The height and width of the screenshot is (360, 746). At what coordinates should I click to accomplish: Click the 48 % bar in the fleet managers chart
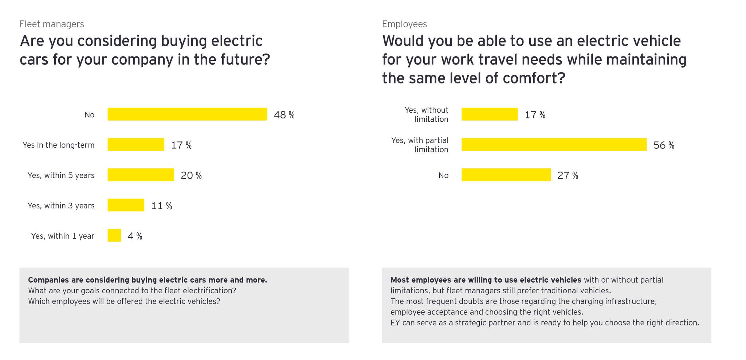coord(187,114)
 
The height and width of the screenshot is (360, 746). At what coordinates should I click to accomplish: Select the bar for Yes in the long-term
coord(136,144)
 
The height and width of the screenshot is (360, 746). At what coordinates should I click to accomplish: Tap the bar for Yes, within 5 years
coord(141,175)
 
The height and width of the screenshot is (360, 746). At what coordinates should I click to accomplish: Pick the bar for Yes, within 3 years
coord(126,205)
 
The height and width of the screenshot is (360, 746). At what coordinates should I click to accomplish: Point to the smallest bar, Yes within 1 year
coord(114,235)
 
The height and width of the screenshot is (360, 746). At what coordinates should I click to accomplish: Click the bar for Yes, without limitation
coord(489,114)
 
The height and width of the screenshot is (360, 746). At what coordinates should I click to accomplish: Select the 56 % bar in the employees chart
coord(554,144)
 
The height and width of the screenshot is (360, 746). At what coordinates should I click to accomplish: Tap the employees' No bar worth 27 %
coord(506,175)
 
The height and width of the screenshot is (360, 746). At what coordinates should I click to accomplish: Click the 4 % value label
coord(135,236)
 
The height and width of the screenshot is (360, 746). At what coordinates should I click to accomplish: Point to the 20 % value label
coord(191,176)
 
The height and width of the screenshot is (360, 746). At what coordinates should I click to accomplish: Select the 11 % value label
coord(161,206)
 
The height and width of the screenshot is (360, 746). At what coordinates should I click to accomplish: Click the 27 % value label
coord(568,176)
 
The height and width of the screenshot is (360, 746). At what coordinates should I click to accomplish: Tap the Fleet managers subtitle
coord(52,24)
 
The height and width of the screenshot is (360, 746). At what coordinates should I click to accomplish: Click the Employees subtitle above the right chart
coord(404,24)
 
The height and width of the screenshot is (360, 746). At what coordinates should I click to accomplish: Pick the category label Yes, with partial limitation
coord(420,145)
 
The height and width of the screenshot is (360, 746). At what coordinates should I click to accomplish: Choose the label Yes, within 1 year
coord(63,236)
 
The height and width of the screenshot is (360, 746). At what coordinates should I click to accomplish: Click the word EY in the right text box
coord(395,323)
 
